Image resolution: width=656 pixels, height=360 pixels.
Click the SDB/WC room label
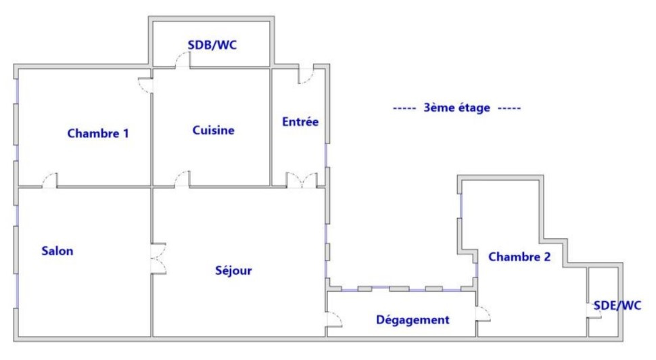click(x=212, y=45)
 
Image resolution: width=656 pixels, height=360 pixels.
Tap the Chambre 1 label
click(x=98, y=133)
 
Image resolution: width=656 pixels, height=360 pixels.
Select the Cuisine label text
click(x=213, y=130)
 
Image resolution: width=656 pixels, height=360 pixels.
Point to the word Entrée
click(x=300, y=122)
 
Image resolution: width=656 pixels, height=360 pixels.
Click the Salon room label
click(x=57, y=251)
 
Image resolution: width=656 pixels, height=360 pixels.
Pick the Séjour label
click(x=233, y=271)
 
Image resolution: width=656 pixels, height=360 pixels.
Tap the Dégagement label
click(x=413, y=320)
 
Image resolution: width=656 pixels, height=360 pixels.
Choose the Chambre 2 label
click(x=519, y=256)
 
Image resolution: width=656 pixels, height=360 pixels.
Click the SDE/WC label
click(x=617, y=306)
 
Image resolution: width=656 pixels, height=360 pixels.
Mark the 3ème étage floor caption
click(x=457, y=108)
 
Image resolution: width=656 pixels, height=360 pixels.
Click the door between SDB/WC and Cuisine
click(x=183, y=60)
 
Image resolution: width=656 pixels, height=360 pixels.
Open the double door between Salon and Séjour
click(x=158, y=258)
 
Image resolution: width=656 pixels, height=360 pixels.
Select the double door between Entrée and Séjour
click(x=302, y=179)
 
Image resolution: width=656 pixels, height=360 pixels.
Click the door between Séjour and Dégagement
click(x=334, y=319)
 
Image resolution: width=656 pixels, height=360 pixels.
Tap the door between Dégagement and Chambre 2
click(x=483, y=314)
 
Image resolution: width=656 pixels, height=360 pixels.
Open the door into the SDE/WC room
click(x=594, y=310)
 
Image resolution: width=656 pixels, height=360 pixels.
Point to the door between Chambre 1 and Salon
click(x=50, y=180)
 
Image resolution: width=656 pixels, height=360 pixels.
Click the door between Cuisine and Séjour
click(x=183, y=179)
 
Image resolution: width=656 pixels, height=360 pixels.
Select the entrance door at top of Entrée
click(x=306, y=75)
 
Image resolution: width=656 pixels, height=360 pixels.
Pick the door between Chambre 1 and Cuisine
click(x=145, y=85)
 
